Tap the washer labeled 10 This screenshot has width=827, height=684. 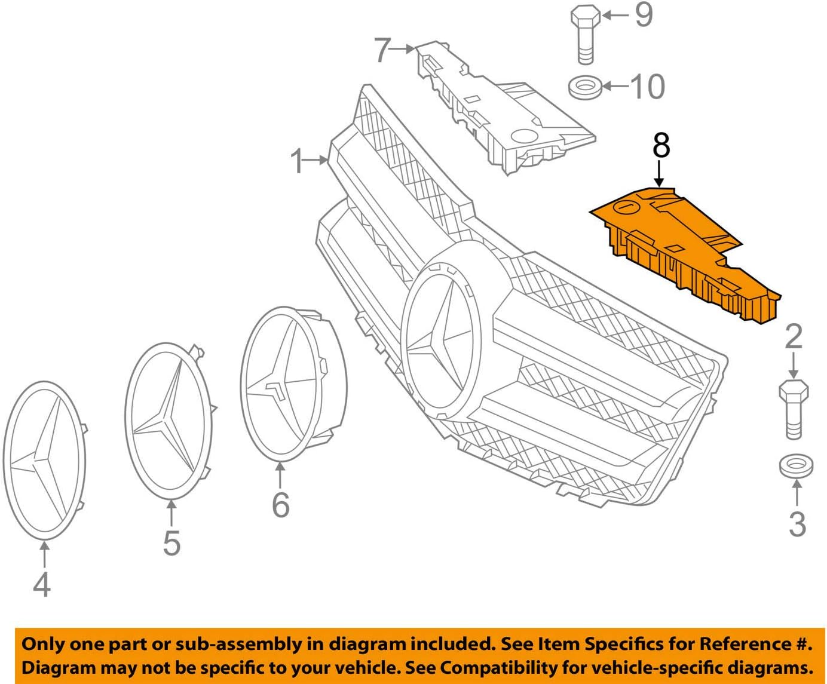584,87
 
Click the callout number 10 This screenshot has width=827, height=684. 647,87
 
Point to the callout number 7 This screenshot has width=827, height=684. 382,50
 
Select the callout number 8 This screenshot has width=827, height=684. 661,145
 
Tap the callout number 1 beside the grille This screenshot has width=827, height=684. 297,161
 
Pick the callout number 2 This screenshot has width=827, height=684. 793,337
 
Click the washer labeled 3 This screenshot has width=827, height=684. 796,465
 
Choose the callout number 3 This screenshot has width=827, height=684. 797,523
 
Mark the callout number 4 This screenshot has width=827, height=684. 41,584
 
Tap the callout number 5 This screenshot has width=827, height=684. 171,543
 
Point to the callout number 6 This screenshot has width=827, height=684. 280,505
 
